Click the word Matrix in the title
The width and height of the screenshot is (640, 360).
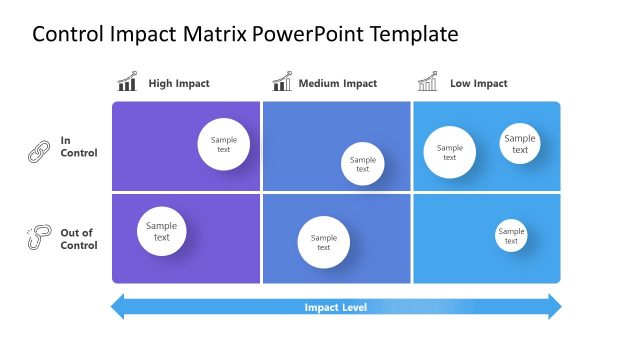pyautogui.click(x=213, y=35)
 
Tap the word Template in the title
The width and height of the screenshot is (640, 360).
pyautogui.click(x=414, y=35)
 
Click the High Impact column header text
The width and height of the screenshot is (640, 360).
pyautogui.click(x=179, y=84)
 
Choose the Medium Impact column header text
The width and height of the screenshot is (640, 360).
pyautogui.click(x=337, y=84)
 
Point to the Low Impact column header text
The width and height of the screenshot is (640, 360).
pyautogui.click(x=478, y=84)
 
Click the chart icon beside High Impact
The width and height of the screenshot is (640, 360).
pyautogui.click(x=127, y=82)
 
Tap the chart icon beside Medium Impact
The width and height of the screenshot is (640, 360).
pyautogui.click(x=282, y=82)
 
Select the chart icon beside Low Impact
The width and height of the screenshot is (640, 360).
pyautogui.click(x=428, y=82)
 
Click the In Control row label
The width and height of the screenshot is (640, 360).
pyautogui.click(x=79, y=147)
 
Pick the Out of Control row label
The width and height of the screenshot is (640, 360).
pyautogui.click(x=78, y=239)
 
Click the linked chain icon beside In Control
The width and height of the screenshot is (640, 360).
pyautogui.click(x=38, y=152)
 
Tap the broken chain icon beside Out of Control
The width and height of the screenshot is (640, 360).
pyautogui.click(x=38, y=238)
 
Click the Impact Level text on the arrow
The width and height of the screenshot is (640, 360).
pyautogui.click(x=335, y=307)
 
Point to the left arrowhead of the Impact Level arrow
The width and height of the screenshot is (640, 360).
pyautogui.click(x=117, y=307)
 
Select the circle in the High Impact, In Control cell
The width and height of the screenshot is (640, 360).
pyautogui.click(x=223, y=144)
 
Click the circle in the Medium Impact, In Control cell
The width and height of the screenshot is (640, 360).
pyautogui.click(x=362, y=164)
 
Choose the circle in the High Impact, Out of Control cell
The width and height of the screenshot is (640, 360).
pyautogui.click(x=162, y=231)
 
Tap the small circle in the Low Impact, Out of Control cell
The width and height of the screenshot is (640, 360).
pyautogui.click(x=510, y=236)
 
